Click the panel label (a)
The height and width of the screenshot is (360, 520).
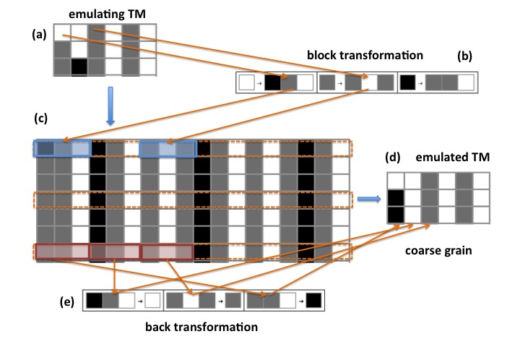(x=39, y=35)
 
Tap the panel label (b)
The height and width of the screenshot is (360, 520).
(x=464, y=56)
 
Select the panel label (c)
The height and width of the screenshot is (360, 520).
(x=40, y=119)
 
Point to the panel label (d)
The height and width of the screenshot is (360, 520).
(x=393, y=158)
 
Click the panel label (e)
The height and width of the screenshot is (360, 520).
(x=67, y=302)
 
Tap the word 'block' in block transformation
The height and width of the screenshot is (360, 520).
(x=319, y=55)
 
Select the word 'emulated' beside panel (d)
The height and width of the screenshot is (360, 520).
(x=433, y=157)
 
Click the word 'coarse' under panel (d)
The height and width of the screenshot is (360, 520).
(x=419, y=251)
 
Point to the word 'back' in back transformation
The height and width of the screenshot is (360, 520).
(x=157, y=327)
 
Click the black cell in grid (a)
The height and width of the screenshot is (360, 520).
(x=79, y=67)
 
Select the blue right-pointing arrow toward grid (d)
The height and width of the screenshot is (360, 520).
(x=369, y=199)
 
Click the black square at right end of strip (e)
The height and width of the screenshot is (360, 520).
(x=313, y=301)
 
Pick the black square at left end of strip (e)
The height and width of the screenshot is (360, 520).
(x=94, y=301)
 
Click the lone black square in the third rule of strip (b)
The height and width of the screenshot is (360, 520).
(x=407, y=82)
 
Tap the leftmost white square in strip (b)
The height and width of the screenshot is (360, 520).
(x=247, y=82)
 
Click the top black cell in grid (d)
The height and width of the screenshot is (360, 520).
(x=396, y=198)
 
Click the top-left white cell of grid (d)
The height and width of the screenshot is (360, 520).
(x=396, y=181)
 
